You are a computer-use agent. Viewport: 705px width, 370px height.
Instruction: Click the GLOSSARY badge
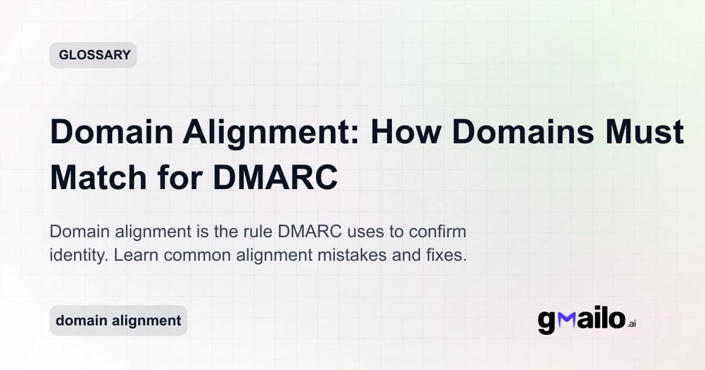coord(93,55)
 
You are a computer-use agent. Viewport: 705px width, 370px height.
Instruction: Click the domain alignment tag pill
coord(118,321)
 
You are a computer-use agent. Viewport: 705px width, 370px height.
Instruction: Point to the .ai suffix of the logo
coord(632,324)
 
